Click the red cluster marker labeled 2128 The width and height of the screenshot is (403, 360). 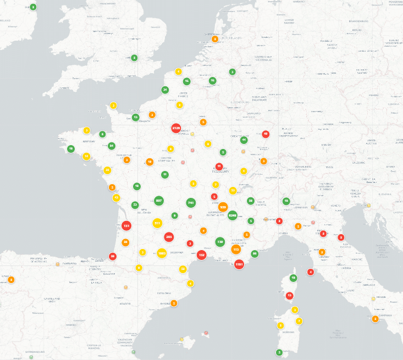[176, 128]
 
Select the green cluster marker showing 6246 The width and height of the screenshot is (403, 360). [233, 216]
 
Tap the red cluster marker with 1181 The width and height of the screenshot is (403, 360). [239, 264]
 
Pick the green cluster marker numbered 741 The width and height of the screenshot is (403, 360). [191, 203]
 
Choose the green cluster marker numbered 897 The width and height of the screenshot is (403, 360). [159, 201]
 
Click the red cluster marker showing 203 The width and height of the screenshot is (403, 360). [169, 237]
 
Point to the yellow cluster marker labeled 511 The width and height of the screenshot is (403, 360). [157, 223]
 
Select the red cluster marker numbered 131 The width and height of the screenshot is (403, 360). [126, 226]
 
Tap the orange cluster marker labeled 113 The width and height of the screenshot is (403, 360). [236, 249]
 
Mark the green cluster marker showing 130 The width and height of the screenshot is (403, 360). [220, 242]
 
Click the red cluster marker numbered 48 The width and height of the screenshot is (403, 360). [266, 134]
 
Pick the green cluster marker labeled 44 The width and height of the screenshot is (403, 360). [244, 140]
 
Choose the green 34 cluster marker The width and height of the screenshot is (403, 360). [165, 90]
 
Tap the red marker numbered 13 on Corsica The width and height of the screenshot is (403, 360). [290, 295]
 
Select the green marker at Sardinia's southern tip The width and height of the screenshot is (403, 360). [279, 352]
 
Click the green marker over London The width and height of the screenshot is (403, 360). [134, 58]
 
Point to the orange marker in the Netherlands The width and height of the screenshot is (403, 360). [215, 39]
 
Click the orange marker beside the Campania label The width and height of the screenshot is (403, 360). [376, 319]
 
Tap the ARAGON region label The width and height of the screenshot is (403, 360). [125, 303]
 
